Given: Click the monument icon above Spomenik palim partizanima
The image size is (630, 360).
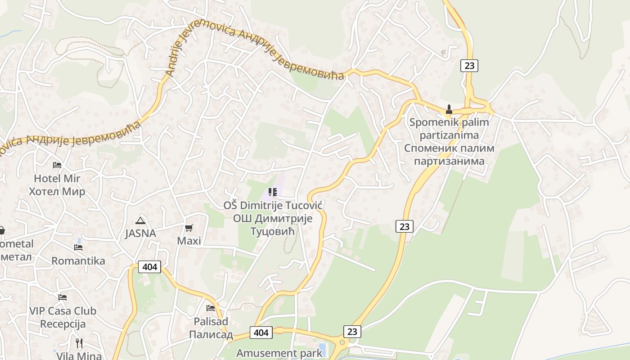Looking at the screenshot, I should pos(449,109).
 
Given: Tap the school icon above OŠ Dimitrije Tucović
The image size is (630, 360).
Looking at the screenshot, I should pos(272,193).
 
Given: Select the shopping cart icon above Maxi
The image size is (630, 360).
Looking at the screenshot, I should pos(189,228).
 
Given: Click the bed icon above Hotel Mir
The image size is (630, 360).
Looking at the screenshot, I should pos(57,165).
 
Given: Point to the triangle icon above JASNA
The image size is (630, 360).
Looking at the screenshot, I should pos(140,220).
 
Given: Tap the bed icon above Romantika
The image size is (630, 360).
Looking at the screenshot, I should pos(78,247).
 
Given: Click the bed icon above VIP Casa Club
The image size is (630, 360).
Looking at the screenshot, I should pos(63,297).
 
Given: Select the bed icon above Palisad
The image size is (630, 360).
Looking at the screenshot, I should pos(211,308).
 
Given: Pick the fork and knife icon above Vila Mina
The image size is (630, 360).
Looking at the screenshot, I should pos(79,343).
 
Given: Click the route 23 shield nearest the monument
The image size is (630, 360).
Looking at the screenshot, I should pos(469,66).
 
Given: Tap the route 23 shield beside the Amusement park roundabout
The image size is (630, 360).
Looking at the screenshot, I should pos(352,332).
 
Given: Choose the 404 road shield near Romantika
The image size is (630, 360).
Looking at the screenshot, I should pos(149,267).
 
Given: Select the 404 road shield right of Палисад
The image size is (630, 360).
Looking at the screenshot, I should pos(261,333).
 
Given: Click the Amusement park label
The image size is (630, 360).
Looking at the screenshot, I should pos(279,353).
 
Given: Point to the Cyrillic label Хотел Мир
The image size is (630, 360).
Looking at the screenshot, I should pos(57,192).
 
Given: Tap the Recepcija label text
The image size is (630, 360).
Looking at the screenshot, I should pos(63,324).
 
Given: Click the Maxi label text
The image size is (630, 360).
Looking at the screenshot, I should pos(189,241).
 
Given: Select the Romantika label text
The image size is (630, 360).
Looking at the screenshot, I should pos(78,261).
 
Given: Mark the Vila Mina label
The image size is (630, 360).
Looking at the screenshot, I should pos(79,355).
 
